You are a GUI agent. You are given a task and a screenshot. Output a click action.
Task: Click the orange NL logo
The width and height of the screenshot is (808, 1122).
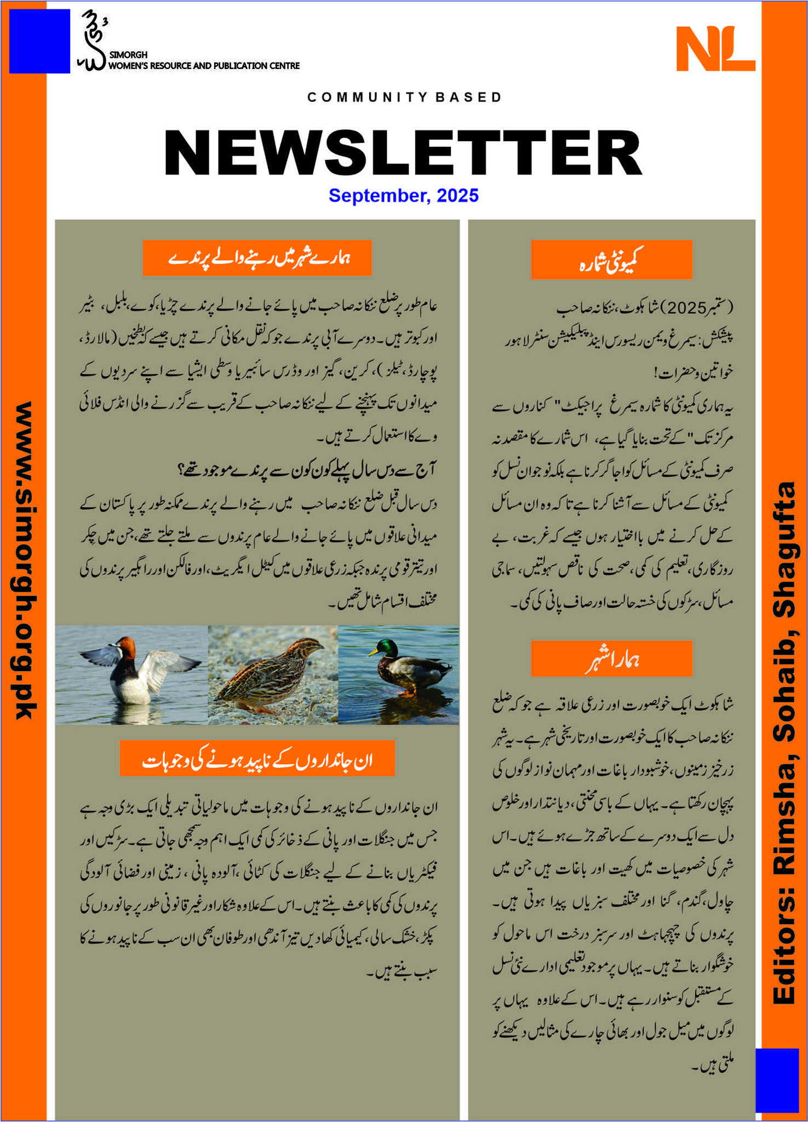(x=715, y=49)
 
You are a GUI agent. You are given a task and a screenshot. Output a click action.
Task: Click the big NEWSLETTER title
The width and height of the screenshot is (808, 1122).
(x=403, y=152)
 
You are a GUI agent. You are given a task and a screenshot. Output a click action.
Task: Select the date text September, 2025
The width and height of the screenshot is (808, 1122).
(x=403, y=196)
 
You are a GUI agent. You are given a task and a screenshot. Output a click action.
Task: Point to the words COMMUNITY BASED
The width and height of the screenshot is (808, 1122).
(x=404, y=98)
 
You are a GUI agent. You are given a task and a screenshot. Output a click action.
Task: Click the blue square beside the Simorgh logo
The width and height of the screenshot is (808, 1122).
(x=39, y=41)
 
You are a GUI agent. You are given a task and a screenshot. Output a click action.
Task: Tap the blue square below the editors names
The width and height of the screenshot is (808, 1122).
(x=777, y=1080)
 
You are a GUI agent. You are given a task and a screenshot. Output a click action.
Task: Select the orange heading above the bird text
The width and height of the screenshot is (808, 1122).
(x=257, y=257)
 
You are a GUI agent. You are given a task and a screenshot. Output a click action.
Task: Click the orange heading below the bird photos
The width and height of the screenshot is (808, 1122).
(x=257, y=758)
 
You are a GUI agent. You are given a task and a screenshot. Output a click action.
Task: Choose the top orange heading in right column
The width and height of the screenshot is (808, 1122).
(x=611, y=260)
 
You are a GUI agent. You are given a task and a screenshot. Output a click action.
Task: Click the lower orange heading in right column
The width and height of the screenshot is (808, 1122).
(x=611, y=659)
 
